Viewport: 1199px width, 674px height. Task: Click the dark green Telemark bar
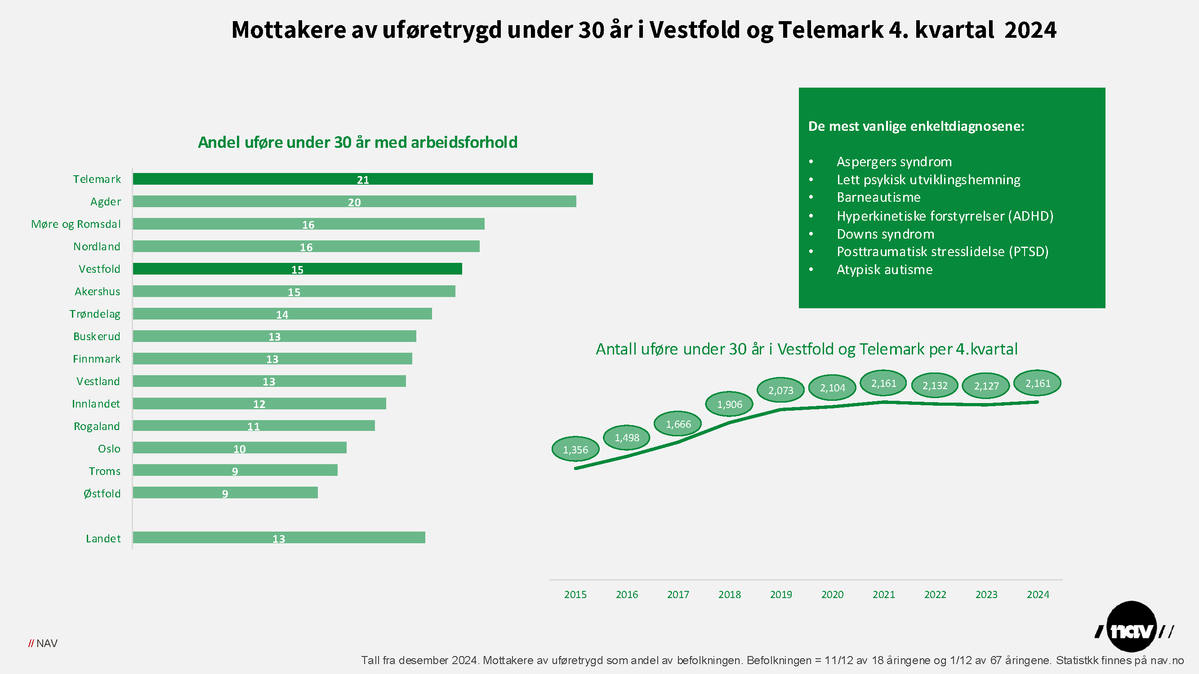tap(363, 179)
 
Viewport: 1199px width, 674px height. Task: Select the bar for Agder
tap(354, 201)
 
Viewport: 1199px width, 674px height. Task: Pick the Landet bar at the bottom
tap(279, 538)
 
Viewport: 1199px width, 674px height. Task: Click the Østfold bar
tap(225, 492)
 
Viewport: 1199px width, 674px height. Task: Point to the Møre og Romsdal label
tap(76, 224)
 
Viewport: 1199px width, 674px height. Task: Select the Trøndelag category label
tap(95, 314)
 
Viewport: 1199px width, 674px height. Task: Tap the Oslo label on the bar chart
tap(109, 449)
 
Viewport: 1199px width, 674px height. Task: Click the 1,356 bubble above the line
tap(575, 449)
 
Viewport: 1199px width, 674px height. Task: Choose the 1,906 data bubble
tap(729, 404)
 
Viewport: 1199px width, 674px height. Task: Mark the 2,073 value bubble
tap(780, 390)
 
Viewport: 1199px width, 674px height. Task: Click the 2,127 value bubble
tap(986, 386)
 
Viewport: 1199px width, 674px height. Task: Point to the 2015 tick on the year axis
tap(575, 594)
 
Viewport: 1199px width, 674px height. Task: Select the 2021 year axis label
tap(883, 594)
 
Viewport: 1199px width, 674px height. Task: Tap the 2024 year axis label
tap(1038, 594)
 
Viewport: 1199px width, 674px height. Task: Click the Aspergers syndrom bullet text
tap(894, 162)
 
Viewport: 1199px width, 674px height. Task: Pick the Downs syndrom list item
tap(885, 234)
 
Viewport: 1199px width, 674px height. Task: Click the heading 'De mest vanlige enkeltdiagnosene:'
tap(916, 126)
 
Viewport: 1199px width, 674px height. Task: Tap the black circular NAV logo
tap(1132, 626)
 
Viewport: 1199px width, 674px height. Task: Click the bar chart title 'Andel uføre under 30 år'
tap(357, 142)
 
